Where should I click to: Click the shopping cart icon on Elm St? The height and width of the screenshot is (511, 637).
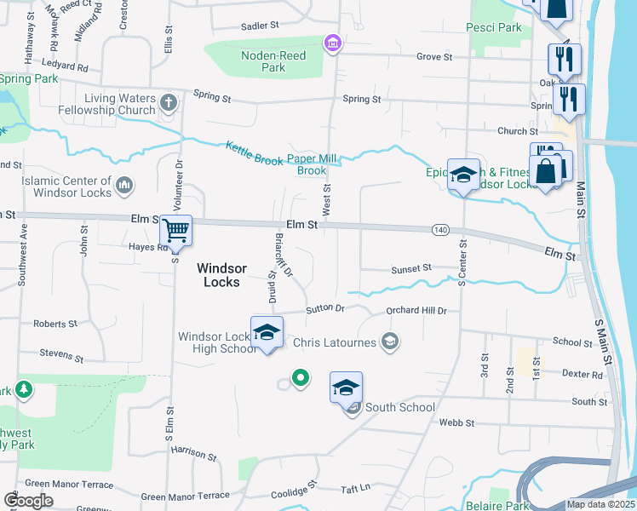click(x=176, y=230)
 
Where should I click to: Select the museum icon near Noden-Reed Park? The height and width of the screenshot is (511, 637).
click(x=332, y=43)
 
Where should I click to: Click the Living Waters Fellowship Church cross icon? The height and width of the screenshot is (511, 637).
click(x=169, y=104)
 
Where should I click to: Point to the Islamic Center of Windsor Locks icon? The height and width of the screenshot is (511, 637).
click(x=124, y=185)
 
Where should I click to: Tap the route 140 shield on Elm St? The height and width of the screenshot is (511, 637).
click(x=440, y=230)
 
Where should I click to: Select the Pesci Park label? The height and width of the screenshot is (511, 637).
click(x=494, y=28)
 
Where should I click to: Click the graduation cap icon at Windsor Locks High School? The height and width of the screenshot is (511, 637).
click(x=267, y=331)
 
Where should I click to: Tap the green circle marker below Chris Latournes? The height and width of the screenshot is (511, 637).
click(x=299, y=377)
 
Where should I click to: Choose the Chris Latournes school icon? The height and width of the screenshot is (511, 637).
click(x=390, y=342)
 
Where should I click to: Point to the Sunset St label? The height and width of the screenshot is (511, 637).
click(x=411, y=269)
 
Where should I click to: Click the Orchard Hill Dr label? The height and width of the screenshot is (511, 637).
click(x=416, y=311)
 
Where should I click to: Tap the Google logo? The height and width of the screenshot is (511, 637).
click(x=28, y=500)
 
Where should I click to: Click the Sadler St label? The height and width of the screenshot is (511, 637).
click(x=260, y=26)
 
